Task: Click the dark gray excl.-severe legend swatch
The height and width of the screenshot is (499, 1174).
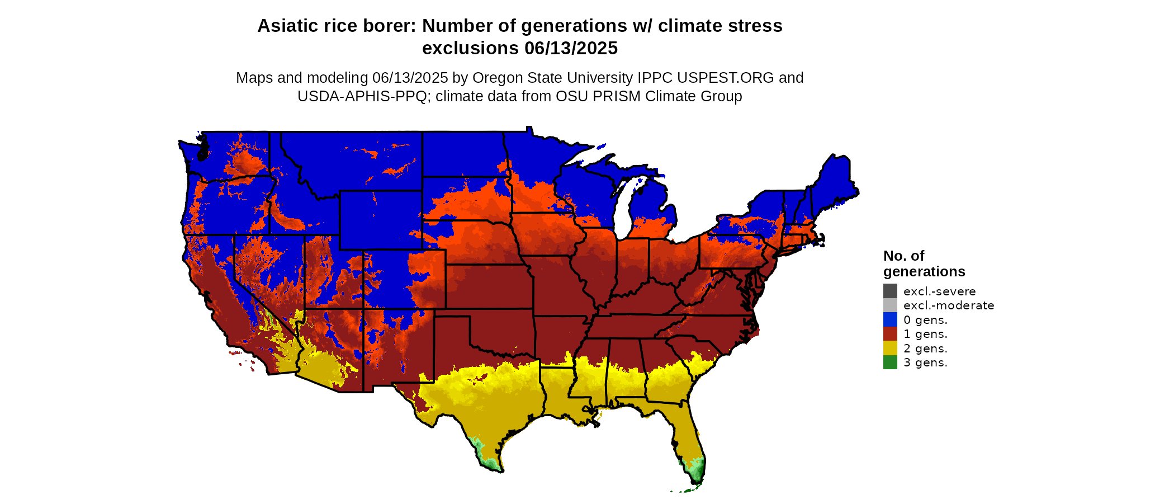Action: tap(890, 291)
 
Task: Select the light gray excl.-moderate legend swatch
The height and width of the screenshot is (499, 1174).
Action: tap(890, 305)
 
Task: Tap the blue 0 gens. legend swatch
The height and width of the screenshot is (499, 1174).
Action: tap(890, 319)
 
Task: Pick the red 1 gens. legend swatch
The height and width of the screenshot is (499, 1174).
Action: tap(890, 334)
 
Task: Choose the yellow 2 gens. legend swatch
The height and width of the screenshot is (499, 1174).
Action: tap(890, 348)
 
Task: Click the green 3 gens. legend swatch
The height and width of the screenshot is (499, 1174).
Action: tap(890, 363)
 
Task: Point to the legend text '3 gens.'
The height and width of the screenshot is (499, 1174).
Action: tap(925, 363)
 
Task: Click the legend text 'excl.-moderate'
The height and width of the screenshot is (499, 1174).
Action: tap(948, 305)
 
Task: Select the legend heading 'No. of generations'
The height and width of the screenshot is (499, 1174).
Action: tap(924, 263)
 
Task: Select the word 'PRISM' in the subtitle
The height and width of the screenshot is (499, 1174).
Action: tap(616, 96)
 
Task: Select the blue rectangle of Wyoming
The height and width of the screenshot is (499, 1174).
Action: tap(380, 220)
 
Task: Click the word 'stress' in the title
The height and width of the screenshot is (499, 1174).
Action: tap(757, 26)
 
